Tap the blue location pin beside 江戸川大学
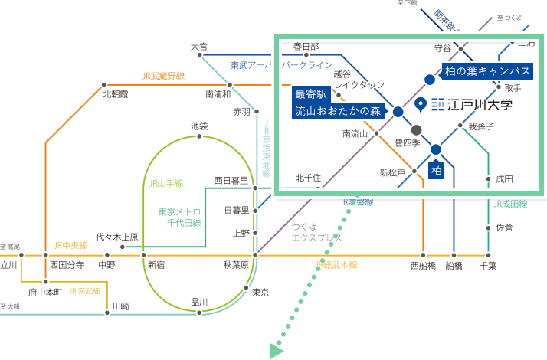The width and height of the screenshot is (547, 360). [420, 103]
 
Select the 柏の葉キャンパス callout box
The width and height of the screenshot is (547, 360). [488, 70]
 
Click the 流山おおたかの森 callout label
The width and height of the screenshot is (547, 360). [338, 111]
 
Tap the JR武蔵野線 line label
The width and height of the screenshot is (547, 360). [163, 76]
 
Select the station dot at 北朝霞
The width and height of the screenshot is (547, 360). [104, 85]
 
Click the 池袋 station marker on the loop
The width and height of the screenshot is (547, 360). [199, 136]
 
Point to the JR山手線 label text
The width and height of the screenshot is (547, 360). [165, 184]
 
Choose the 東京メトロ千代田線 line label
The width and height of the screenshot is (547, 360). [180, 217]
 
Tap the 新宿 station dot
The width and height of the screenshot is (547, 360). [144, 254]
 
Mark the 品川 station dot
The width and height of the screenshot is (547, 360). [199, 311]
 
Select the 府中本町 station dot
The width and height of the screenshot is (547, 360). [46, 281]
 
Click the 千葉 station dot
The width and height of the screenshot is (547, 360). [489, 254]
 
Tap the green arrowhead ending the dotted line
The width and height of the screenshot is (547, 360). [276, 351]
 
